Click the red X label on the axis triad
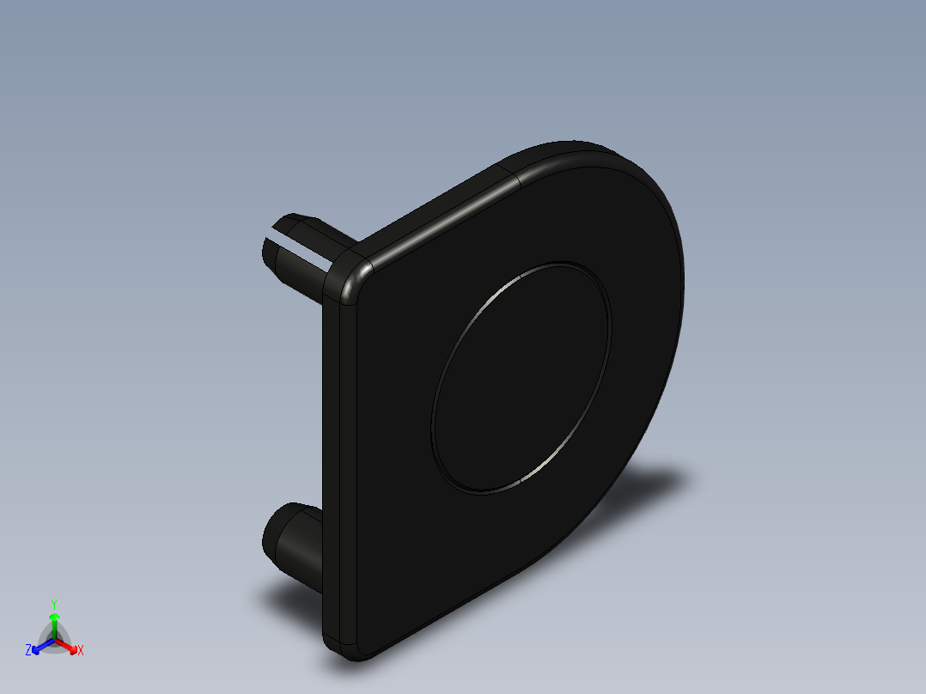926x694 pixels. click(81, 651)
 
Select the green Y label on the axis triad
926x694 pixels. click(53, 604)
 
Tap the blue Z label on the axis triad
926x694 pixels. click(28, 650)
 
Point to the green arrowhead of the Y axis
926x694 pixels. click(54, 617)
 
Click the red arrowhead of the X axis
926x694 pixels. click(71, 647)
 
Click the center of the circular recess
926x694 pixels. click(521, 378)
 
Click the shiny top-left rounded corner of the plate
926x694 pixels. click(352, 279)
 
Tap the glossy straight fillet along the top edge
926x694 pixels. click(438, 215)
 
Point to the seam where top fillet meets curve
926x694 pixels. click(515, 176)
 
